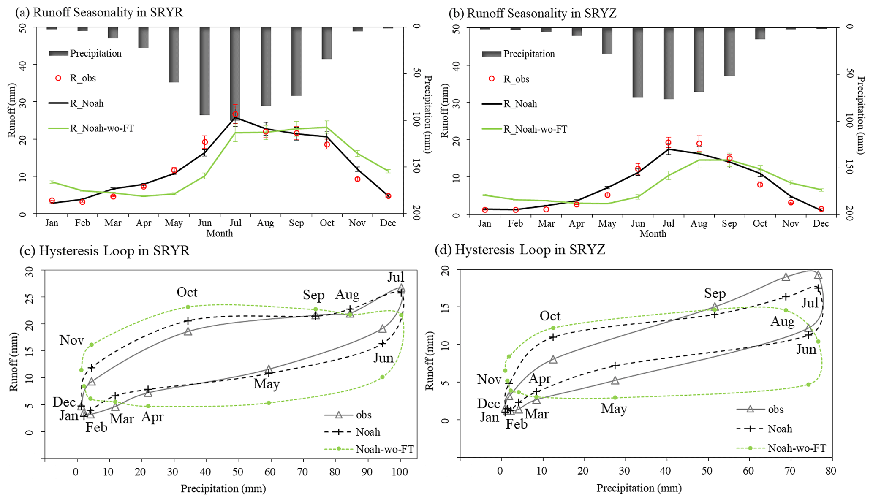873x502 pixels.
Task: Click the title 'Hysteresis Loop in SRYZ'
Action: (x=530, y=250)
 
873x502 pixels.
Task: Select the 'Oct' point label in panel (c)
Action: (x=187, y=292)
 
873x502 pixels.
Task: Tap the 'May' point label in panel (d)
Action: (x=614, y=408)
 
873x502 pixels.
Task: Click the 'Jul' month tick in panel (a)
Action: (x=235, y=223)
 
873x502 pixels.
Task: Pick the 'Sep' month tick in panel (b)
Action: (x=729, y=223)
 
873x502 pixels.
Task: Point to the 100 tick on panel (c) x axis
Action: (x=400, y=472)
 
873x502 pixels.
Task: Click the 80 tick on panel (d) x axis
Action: (x=830, y=471)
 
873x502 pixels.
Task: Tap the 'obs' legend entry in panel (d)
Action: (x=775, y=409)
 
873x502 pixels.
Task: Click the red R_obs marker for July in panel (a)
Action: (x=235, y=114)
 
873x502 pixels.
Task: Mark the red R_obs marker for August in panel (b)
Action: (x=699, y=144)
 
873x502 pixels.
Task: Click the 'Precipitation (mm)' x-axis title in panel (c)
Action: (x=223, y=489)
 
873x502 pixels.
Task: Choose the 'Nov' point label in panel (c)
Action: (x=71, y=340)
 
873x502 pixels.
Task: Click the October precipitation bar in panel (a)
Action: (x=326, y=43)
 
